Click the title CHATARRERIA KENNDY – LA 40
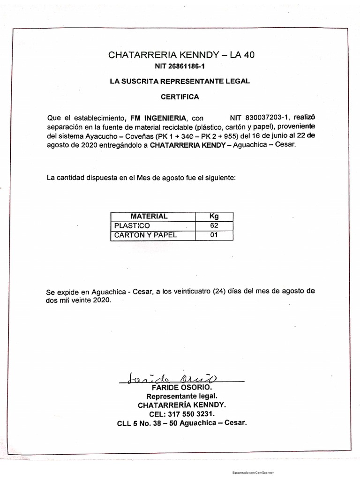click(x=180, y=55)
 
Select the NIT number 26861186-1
click(x=180, y=67)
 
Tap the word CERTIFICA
click(x=180, y=97)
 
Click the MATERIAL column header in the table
click(x=149, y=216)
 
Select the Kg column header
click(x=214, y=216)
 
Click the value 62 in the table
click(x=214, y=225)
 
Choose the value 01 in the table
click(x=214, y=235)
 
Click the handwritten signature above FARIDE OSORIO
click(x=171, y=378)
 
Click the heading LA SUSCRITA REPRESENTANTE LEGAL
click(x=180, y=81)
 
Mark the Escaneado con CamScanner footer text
click(x=253, y=473)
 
